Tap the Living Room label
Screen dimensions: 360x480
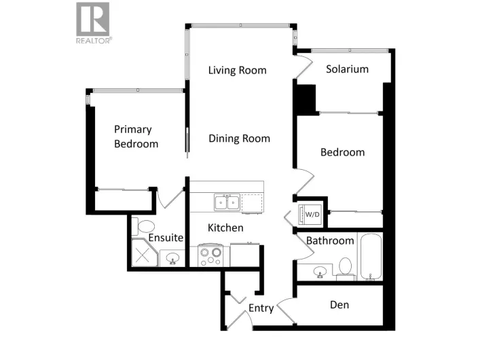tap(237, 70)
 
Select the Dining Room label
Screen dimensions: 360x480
tap(239, 139)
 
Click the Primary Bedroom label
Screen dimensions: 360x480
tap(136, 137)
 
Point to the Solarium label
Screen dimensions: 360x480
tap(347, 69)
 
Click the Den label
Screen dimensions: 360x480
tap(339, 304)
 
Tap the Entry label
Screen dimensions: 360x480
tap(261, 308)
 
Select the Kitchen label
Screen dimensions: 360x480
tap(225, 228)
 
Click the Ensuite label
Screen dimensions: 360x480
tap(166, 238)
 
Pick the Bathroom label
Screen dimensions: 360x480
tap(330, 240)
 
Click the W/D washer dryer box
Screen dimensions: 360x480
tap(312, 214)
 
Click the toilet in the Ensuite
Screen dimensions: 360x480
tap(145, 226)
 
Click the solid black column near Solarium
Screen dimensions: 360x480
tap(306, 98)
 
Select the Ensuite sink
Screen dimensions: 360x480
tap(173, 258)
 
